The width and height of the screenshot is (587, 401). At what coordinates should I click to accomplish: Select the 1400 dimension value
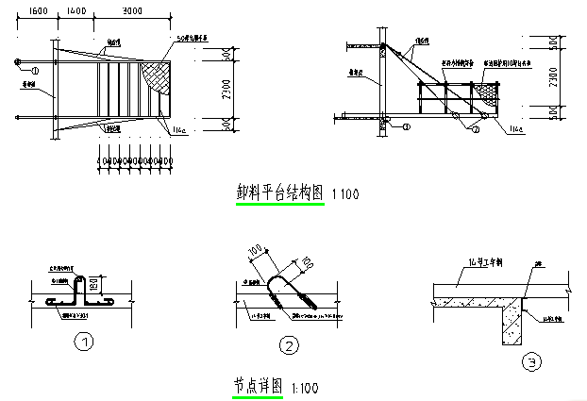pyautogui.click(x=76, y=9)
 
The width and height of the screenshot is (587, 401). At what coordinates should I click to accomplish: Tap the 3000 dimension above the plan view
pyautogui.click(x=131, y=9)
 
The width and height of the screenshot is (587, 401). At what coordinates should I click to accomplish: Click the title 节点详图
pyautogui.click(x=257, y=385)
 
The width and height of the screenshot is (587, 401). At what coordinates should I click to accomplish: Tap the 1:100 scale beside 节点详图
pyautogui.click(x=305, y=387)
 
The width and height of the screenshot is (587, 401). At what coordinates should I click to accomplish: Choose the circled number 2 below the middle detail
pyautogui.click(x=289, y=346)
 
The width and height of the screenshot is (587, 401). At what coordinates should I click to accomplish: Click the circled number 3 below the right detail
pyautogui.click(x=533, y=360)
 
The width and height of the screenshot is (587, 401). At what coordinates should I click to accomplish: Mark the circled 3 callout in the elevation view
pyautogui.click(x=385, y=119)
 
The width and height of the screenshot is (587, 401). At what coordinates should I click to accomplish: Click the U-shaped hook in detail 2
pyautogui.click(x=289, y=292)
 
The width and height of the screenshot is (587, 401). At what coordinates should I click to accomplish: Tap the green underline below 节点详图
pyautogui.click(x=257, y=396)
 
